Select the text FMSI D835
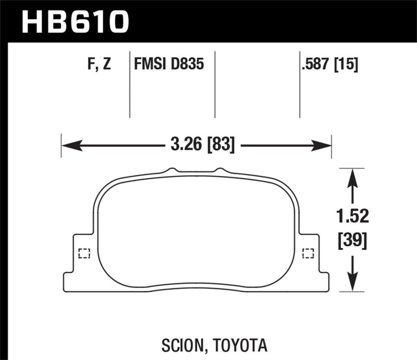point(168,65)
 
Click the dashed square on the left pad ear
point(83,254)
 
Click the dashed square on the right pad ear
point(308,254)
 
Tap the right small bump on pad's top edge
point(220,170)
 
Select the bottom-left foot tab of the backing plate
point(69,282)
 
